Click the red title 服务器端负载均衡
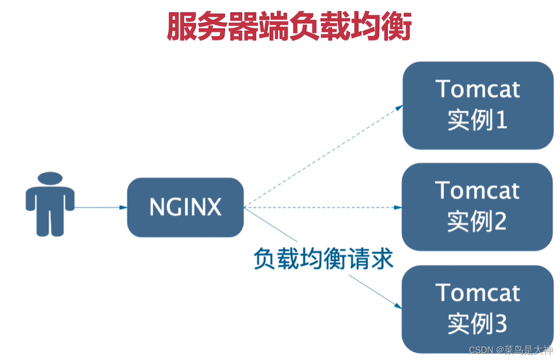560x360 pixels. coord(289,27)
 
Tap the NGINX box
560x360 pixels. coord(185,207)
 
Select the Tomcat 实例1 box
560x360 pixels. coord(478,105)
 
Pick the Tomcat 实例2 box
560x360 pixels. coord(477,207)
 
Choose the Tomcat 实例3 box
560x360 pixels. coord(477,309)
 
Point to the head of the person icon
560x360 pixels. coord(50,178)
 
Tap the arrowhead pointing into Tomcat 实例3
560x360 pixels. coord(399,306)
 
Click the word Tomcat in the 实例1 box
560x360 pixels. coord(478,89)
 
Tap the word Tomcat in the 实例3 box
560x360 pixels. coord(478,292)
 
